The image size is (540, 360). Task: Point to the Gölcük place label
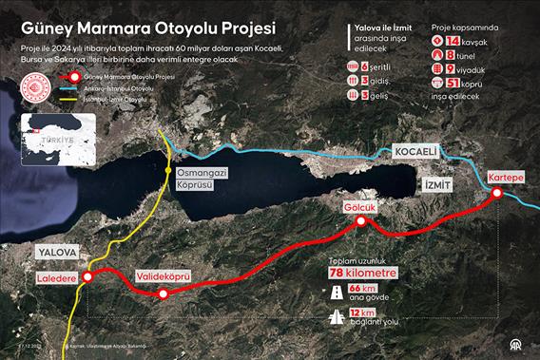361,207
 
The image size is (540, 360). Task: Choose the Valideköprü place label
164,276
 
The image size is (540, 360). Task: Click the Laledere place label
57,278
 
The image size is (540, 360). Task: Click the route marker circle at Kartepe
497,195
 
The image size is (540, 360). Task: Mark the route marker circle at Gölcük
361,222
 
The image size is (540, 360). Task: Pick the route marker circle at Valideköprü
163,294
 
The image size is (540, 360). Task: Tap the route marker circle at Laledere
88,277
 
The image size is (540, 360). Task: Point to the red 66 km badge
361,288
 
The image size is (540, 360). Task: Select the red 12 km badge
361,313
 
